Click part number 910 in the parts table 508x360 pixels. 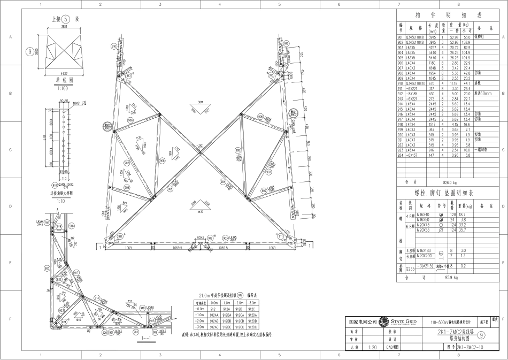click(x=401, y=83)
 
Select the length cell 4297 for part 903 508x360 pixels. click(x=433, y=48)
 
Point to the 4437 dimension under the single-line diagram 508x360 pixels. click(x=64, y=73)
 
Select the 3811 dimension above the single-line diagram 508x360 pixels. click(x=64, y=26)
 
